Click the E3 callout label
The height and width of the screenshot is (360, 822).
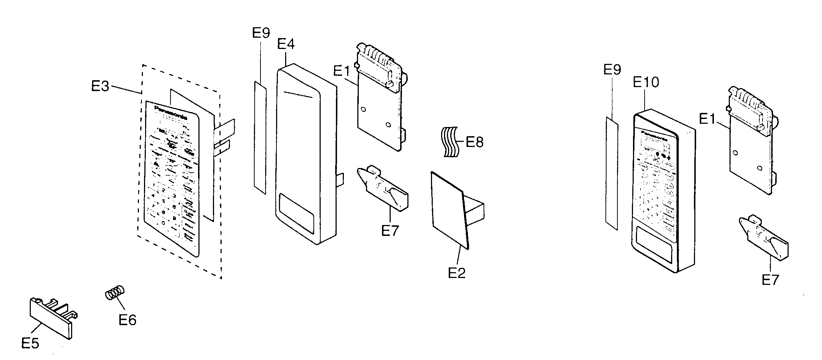tap(100, 86)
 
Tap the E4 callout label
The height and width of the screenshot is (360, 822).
tap(286, 44)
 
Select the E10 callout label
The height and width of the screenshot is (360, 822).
tap(646, 82)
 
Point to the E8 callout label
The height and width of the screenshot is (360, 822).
tap(474, 142)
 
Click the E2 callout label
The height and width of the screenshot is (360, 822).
tap(457, 273)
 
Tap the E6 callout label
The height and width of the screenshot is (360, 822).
tap(127, 320)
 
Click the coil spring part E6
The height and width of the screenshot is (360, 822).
tap(115, 292)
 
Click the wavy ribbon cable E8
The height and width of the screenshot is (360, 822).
tap(450, 142)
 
